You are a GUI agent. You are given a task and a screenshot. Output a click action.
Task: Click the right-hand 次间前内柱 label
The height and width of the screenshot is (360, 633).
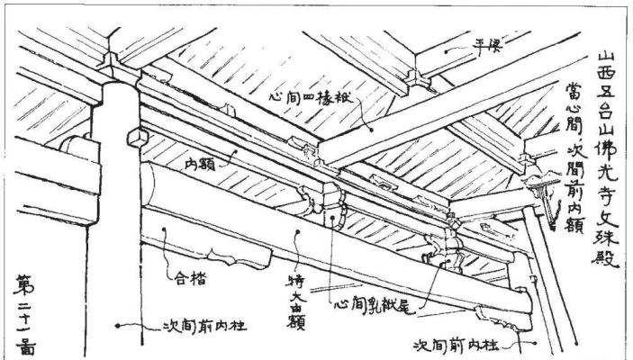point(457,343)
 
